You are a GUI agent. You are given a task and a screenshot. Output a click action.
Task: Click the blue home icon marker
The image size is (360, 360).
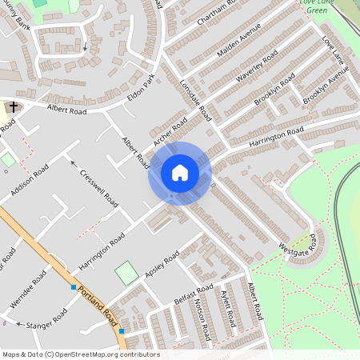180,173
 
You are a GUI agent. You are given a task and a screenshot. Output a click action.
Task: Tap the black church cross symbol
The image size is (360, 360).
13,107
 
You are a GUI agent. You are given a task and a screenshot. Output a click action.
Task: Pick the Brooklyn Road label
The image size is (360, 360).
274,89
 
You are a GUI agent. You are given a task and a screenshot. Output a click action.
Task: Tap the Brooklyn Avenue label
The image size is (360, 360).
326,84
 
